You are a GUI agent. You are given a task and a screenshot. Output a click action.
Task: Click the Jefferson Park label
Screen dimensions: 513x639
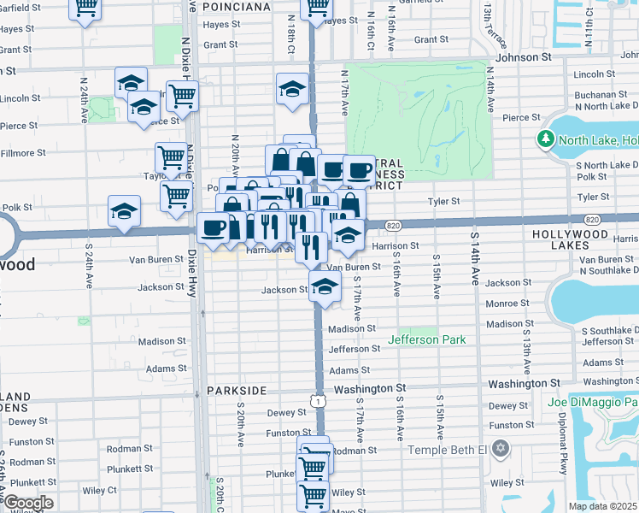[x=427, y=339]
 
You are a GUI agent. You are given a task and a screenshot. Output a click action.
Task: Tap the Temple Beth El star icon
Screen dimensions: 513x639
[x=501, y=449]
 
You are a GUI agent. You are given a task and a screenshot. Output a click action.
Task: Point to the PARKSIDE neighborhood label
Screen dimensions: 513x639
[x=237, y=390]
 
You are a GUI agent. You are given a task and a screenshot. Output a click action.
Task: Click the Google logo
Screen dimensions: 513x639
[x=27, y=503]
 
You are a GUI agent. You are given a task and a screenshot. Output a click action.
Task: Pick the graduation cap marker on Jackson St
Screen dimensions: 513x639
[x=325, y=288]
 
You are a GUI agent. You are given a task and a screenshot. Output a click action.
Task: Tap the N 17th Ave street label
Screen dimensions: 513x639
[x=345, y=93]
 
